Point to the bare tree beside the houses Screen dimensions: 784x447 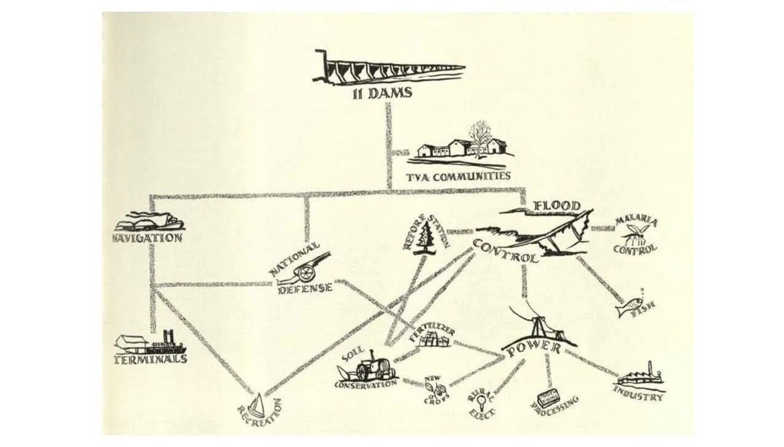480,136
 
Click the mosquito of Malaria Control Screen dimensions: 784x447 633,234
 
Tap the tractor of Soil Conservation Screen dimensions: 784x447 373,367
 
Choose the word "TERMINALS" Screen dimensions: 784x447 151,359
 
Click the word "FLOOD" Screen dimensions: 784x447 556,205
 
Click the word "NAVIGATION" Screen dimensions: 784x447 148,238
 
